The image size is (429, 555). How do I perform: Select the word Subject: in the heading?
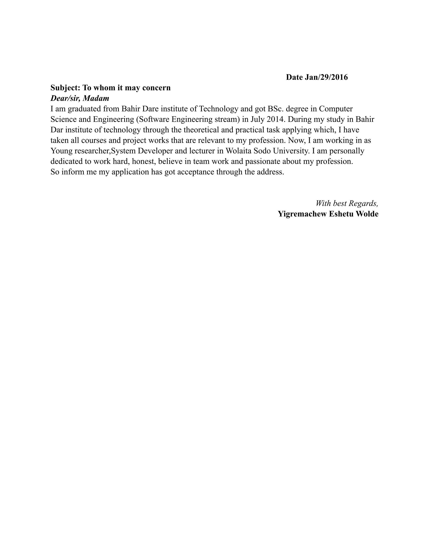click(x=65, y=88)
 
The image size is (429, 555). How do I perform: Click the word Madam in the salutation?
click(x=96, y=98)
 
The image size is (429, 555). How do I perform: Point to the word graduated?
click(x=85, y=109)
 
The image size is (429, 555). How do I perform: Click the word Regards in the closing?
click(x=363, y=203)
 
